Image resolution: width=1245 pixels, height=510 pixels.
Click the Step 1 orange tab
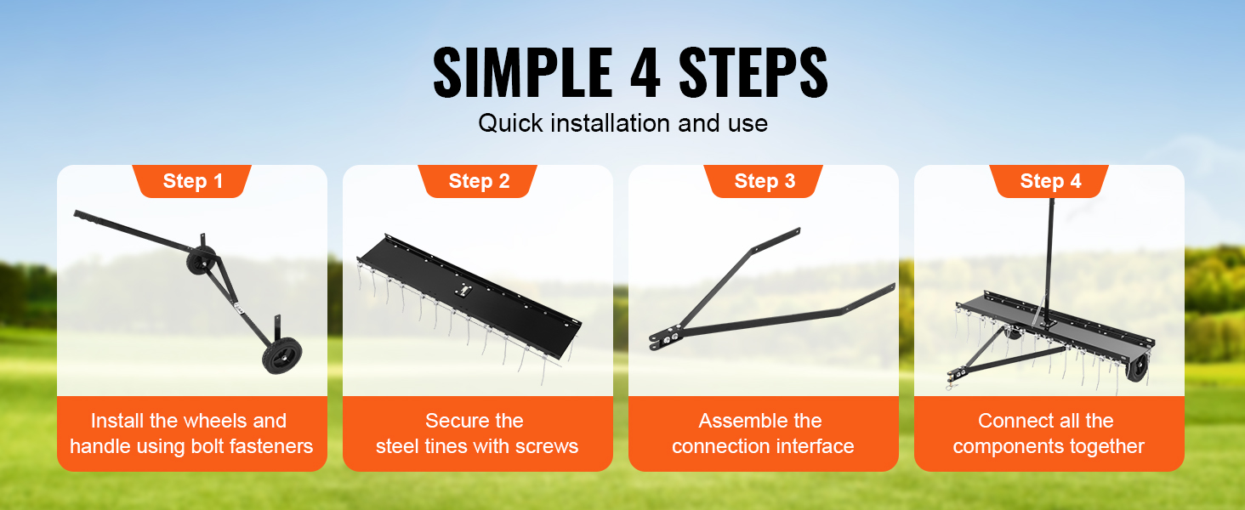point(191,181)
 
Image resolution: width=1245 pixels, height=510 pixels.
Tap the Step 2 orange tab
point(477,181)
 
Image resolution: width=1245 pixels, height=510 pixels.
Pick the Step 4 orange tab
point(1049,181)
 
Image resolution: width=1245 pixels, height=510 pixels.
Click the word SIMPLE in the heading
point(523,73)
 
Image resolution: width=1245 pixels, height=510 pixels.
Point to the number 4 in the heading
point(645,73)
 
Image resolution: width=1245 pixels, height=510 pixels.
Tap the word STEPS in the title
point(753,73)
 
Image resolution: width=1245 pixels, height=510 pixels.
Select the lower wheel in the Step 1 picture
point(282,355)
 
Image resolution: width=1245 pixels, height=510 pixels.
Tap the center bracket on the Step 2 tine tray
point(463,291)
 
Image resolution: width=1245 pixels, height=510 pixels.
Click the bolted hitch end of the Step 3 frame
point(665,339)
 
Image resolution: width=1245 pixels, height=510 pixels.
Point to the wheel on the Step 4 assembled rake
point(1137,368)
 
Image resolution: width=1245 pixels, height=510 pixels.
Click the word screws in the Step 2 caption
point(547,446)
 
